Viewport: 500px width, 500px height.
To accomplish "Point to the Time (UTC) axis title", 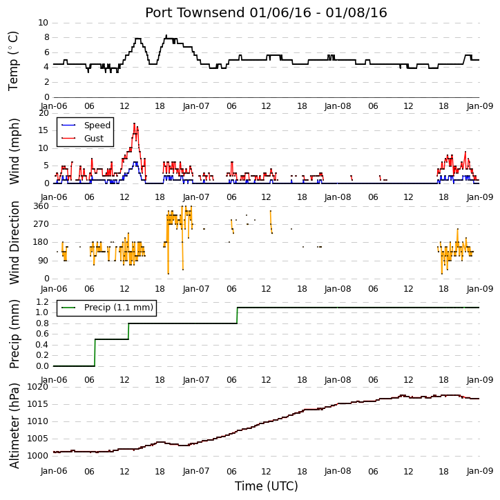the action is click(267, 486).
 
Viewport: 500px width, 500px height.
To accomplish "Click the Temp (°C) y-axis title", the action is click(13, 61).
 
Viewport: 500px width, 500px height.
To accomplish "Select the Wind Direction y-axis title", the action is click(14, 242).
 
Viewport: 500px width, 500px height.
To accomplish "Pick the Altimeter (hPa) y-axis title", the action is click(14, 426).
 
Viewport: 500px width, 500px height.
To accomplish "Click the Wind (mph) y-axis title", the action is click(14, 152).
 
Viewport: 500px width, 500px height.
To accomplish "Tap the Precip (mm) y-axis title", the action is click(14, 334).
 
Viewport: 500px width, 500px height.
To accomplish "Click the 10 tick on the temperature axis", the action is click(43, 23).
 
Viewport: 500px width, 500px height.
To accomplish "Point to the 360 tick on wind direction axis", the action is click(41, 206).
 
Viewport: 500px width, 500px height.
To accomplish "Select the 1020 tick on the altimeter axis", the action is click(37, 387).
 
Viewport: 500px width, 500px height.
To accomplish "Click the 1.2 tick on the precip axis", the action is click(42, 301).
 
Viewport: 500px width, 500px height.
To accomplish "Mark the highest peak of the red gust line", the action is click(135, 123).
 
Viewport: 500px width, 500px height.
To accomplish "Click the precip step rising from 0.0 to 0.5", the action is click(95, 352).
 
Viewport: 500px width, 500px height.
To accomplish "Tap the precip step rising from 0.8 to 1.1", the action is click(238, 315).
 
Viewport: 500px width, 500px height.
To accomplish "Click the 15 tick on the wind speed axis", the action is click(44, 130).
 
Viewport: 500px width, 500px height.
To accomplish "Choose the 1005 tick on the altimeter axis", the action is click(37, 439).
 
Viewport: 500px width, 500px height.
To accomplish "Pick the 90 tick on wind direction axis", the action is click(44, 261).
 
